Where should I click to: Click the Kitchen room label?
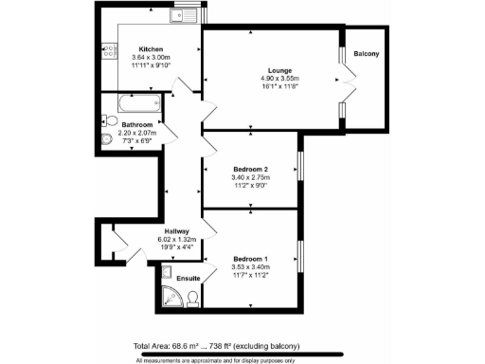pyautogui.click(x=151, y=48)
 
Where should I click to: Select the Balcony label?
pyautogui.click(x=367, y=54)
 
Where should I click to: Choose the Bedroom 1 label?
pyautogui.click(x=250, y=259)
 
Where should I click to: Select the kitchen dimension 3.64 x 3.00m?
pyautogui.click(x=151, y=58)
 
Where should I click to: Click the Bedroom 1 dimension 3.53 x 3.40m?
pyautogui.click(x=250, y=268)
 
